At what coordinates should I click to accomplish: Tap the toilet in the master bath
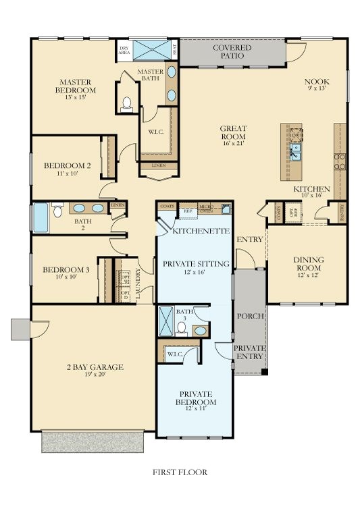126,104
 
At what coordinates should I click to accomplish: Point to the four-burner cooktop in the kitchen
340,161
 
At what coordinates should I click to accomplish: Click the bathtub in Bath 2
41,217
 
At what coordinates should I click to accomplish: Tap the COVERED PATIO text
232,52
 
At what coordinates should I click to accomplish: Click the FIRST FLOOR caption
180,472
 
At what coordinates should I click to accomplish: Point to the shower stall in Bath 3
165,321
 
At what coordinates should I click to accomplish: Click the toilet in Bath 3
181,328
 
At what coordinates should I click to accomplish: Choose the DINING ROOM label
308,263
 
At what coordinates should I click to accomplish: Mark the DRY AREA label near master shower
124,50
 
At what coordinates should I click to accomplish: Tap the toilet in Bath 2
57,211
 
